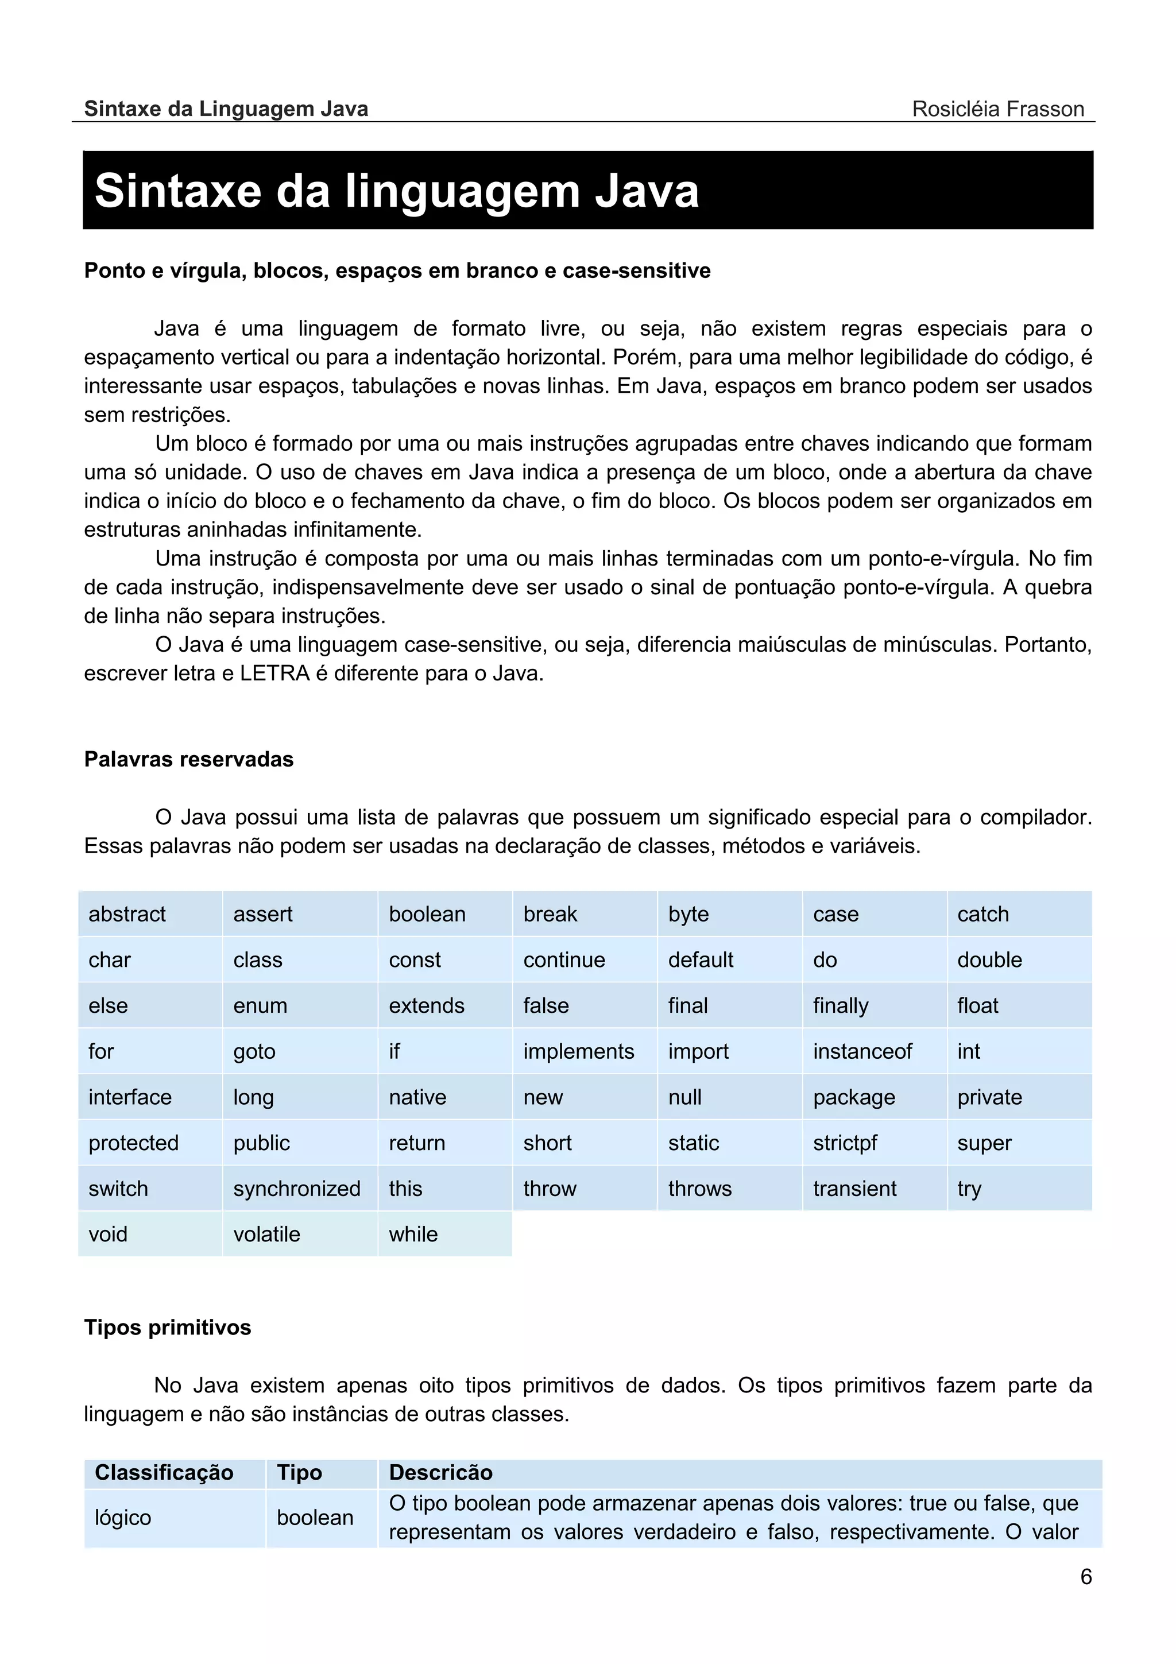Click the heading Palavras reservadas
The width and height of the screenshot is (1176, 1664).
point(188,759)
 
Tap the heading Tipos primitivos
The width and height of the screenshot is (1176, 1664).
point(167,1327)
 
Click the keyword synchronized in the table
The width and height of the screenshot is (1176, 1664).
point(296,1189)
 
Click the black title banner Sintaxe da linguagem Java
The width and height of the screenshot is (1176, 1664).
point(587,190)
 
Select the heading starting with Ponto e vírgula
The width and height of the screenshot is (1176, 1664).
point(397,270)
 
